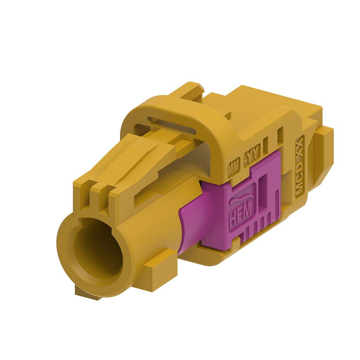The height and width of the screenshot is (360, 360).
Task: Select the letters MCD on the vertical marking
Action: tap(299, 185)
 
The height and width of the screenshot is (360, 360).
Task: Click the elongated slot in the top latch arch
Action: tap(172, 125)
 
